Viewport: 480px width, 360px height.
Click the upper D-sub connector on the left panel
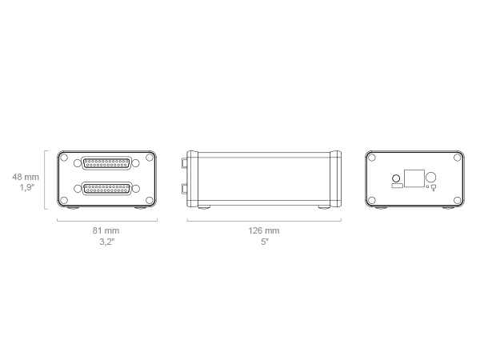pyautogui.click(x=106, y=163)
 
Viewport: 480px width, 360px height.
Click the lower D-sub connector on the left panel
pyautogui.click(x=106, y=189)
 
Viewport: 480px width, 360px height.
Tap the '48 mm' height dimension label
pyautogui.click(x=26, y=177)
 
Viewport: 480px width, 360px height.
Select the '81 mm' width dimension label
pyautogui.click(x=106, y=230)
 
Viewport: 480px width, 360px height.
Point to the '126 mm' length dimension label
pyautogui.click(x=264, y=230)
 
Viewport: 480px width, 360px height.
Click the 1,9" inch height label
pyautogui.click(x=27, y=187)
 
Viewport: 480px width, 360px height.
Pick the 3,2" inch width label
pyautogui.click(x=107, y=242)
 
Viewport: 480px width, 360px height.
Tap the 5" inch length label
pyautogui.click(x=265, y=242)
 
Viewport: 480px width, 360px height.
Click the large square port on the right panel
pyautogui.click(x=414, y=178)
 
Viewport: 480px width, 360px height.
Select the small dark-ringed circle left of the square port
pyautogui.click(x=396, y=178)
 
